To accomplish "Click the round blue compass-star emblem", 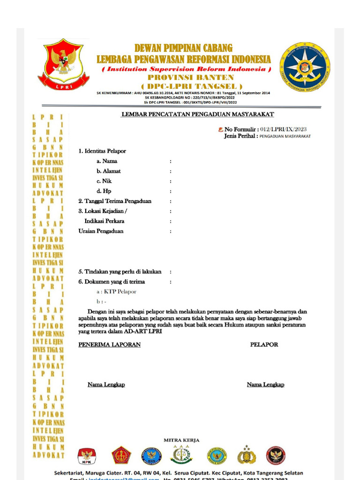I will [x=305, y=67].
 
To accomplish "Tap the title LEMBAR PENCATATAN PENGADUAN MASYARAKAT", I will [x=197, y=114].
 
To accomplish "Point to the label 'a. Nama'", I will [x=107, y=161].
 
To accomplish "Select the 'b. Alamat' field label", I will [x=109, y=171].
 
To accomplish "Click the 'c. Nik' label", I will [x=104, y=181].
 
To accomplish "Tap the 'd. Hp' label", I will [x=104, y=191].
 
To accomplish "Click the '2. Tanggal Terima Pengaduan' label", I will [x=115, y=201].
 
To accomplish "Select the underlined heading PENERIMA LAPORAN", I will [x=109, y=345].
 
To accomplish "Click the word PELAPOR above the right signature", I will [x=264, y=345].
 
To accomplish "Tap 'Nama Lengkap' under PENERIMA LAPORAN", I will [x=106, y=385].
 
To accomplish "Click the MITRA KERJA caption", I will [x=181, y=440].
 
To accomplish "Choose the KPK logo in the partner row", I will [x=87, y=456].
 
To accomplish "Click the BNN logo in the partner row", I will [x=151, y=456].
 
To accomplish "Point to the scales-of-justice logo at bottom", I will [x=181, y=455].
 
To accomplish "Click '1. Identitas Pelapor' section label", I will [x=102, y=151].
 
